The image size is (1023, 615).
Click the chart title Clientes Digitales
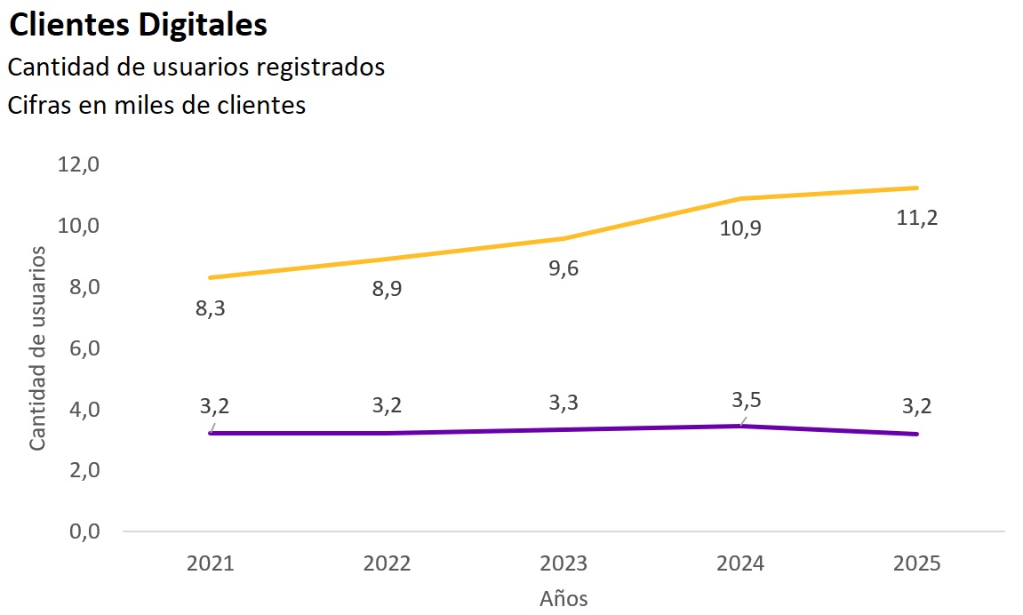pyautogui.click(x=138, y=26)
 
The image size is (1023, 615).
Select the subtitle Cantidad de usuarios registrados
pyautogui.click(x=196, y=68)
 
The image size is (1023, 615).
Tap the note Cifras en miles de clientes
pyautogui.click(x=157, y=105)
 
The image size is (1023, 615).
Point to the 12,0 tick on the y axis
pyautogui.click(x=77, y=164)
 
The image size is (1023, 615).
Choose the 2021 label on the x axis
pyautogui.click(x=211, y=564)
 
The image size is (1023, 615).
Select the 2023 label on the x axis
pyautogui.click(x=563, y=564)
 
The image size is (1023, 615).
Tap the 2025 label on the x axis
pyautogui.click(x=916, y=564)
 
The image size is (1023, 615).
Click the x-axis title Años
pyautogui.click(x=563, y=598)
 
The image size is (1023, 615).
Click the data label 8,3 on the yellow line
pyautogui.click(x=211, y=309)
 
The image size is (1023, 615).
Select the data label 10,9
pyautogui.click(x=740, y=229)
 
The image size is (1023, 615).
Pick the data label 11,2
pyautogui.click(x=917, y=218)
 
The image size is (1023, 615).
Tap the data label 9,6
pyautogui.click(x=563, y=268)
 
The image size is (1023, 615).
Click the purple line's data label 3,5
pyautogui.click(x=740, y=399)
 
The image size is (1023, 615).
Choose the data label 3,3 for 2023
pyautogui.click(x=563, y=403)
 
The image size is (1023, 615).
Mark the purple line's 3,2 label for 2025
pyautogui.click(x=917, y=406)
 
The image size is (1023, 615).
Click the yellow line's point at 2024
pyautogui.click(x=740, y=198)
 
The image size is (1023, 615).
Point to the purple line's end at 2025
pyautogui.click(x=916, y=434)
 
